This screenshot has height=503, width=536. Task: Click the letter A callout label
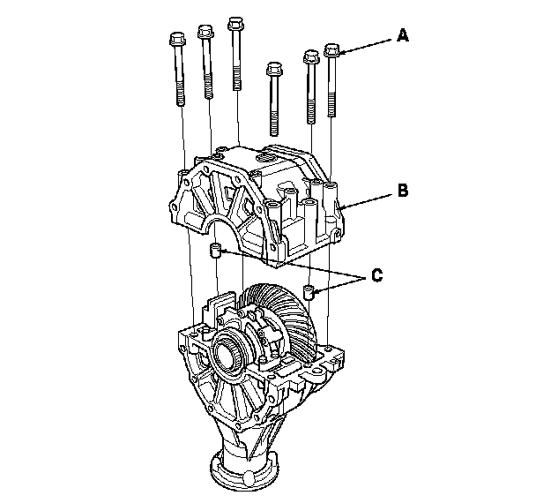click(x=403, y=35)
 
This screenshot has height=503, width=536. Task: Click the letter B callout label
click(x=404, y=191)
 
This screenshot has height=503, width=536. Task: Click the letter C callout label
click(x=377, y=275)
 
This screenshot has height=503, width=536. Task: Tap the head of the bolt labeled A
click(x=331, y=50)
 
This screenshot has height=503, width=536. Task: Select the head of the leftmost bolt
click(x=177, y=39)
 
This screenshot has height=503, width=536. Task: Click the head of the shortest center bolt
click(x=274, y=69)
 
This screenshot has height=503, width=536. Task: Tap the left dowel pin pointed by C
click(x=215, y=251)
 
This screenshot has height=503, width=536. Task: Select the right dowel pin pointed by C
click(x=309, y=292)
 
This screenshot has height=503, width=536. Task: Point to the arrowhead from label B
click(x=343, y=207)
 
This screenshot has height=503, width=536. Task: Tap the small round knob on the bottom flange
click(x=249, y=477)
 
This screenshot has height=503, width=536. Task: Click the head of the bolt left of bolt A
click(x=311, y=56)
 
